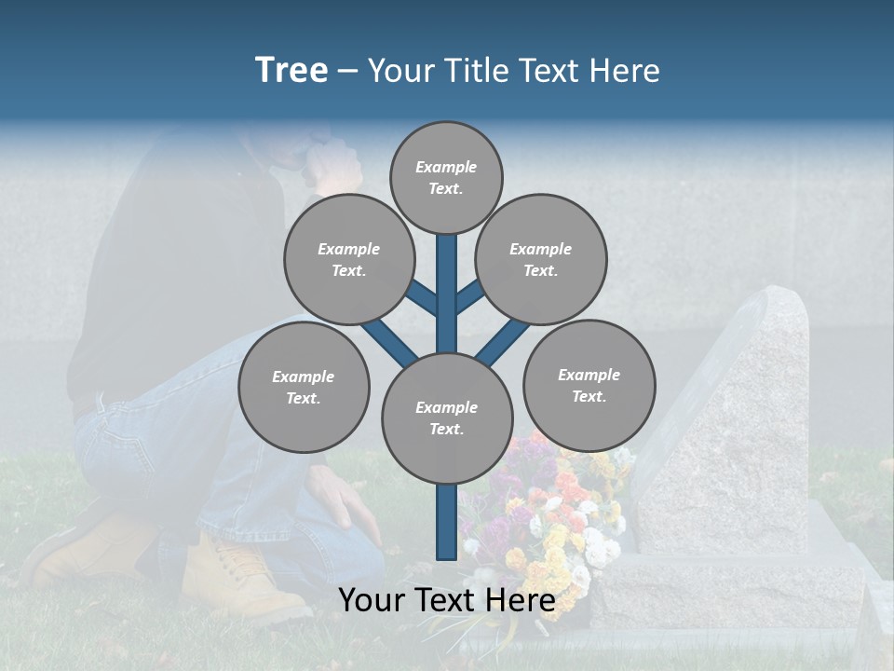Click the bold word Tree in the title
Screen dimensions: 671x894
tap(291, 70)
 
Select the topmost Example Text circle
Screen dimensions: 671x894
tap(446, 177)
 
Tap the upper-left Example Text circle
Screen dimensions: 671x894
tap(348, 260)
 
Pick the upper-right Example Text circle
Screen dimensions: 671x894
tap(541, 260)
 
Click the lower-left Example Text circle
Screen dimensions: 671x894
tap(304, 388)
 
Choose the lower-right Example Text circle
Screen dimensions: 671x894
tap(589, 385)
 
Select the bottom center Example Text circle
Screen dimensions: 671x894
tap(447, 418)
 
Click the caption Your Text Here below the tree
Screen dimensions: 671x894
tap(446, 600)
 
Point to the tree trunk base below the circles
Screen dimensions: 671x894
tap(446, 527)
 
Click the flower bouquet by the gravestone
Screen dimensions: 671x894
tap(559, 522)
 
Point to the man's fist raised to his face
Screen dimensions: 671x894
tap(331, 163)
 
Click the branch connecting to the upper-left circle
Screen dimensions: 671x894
tap(421, 297)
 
